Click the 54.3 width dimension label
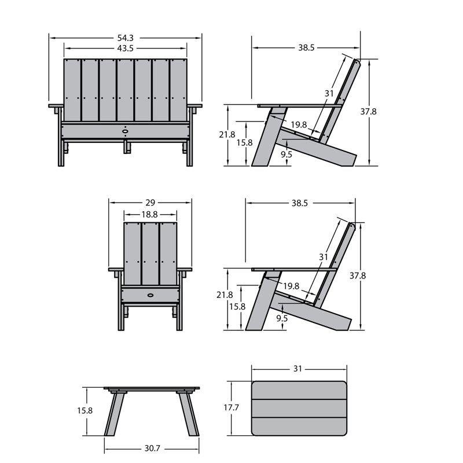(x=126, y=38)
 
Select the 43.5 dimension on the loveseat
(x=125, y=49)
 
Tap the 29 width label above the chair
(x=150, y=203)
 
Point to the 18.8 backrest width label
(x=150, y=214)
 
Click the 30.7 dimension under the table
(x=152, y=448)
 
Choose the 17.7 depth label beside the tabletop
(x=231, y=407)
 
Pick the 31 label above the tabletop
(x=297, y=369)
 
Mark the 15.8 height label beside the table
(x=85, y=410)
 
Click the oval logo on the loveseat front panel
(x=126, y=130)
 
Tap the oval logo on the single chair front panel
(x=150, y=295)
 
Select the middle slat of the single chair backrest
(x=150, y=254)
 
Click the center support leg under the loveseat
(x=127, y=147)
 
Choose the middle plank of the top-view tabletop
(x=299, y=409)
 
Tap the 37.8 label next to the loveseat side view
(x=369, y=112)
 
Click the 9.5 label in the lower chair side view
(x=282, y=318)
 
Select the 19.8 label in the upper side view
(x=299, y=124)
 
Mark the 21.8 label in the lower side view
(x=225, y=295)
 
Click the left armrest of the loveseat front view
(x=56, y=105)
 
